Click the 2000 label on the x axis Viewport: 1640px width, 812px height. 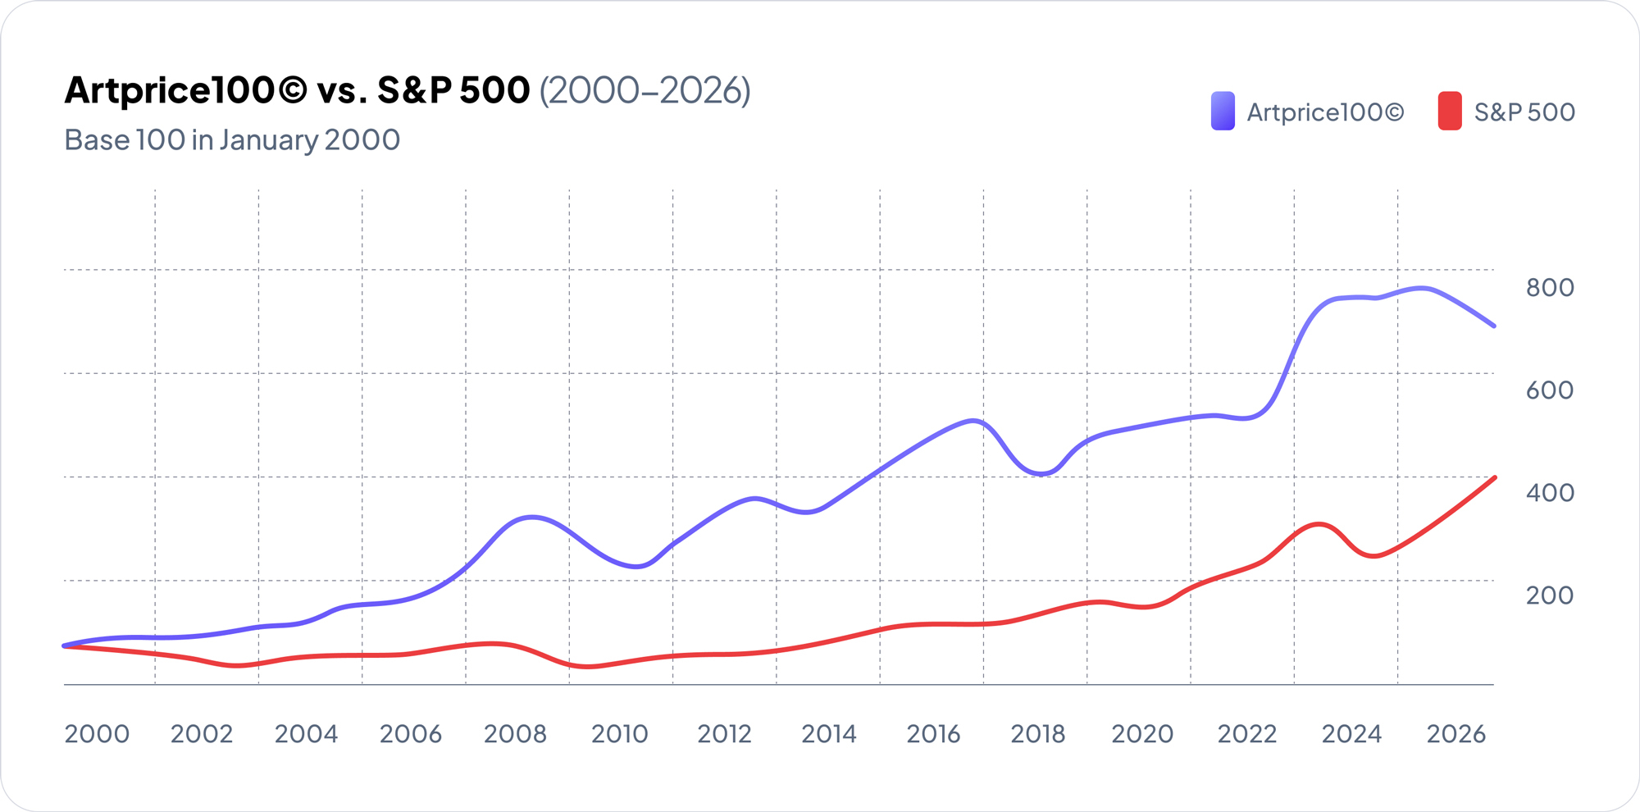click(97, 733)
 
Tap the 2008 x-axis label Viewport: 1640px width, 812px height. click(515, 733)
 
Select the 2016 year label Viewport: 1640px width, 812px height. click(933, 733)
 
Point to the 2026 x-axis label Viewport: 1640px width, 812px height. click(1456, 733)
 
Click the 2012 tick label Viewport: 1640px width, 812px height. click(724, 733)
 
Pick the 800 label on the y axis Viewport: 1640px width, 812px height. click(1549, 287)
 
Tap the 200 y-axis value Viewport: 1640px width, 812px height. click(1549, 595)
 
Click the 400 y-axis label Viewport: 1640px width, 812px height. click(1549, 492)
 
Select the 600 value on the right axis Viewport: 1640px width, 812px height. click(1549, 390)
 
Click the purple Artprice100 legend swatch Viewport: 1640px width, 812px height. click(1223, 112)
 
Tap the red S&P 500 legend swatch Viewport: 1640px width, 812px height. click(1450, 112)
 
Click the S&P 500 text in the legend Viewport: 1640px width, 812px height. click(1524, 112)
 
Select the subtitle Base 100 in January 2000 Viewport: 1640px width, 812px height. click(232, 139)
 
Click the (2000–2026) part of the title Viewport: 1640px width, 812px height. click(645, 90)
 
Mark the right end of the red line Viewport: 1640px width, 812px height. click(1495, 478)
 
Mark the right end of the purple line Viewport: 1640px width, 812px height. click(1494, 326)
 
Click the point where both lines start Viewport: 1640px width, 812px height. click(66, 646)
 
